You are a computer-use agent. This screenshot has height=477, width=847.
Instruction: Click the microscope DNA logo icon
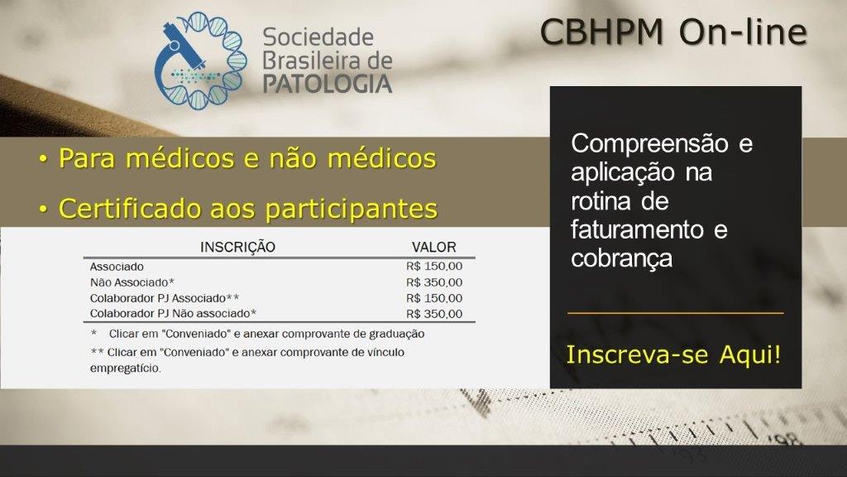tap(200, 60)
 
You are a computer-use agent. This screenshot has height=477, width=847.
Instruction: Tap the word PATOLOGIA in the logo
tap(328, 84)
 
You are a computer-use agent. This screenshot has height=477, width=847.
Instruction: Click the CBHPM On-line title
tap(673, 32)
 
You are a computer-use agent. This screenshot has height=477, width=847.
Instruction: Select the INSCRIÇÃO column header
tap(237, 247)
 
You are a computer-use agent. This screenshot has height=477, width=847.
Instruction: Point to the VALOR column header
tap(433, 247)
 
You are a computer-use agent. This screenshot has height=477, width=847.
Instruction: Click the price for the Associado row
tap(434, 266)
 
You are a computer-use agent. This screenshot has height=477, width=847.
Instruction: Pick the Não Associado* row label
tap(132, 282)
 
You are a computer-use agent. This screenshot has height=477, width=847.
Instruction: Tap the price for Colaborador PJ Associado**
tap(434, 298)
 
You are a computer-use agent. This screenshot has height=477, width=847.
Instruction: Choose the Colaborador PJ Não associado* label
tap(173, 314)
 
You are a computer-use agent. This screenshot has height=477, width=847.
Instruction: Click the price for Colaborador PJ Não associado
tap(434, 314)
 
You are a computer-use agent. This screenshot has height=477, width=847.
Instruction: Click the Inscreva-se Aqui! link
tap(673, 354)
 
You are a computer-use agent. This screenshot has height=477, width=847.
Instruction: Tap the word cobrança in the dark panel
tap(622, 258)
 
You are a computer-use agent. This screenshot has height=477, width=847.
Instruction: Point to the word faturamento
tap(638, 229)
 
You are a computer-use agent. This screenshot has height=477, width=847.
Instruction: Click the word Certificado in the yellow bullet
tap(130, 209)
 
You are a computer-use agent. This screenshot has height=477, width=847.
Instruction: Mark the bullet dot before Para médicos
tap(43, 160)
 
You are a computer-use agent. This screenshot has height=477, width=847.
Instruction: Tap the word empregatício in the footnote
tap(126, 369)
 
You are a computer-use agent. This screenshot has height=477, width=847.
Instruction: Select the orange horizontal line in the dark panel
tap(675, 313)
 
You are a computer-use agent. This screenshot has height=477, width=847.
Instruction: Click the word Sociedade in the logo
tap(318, 37)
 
